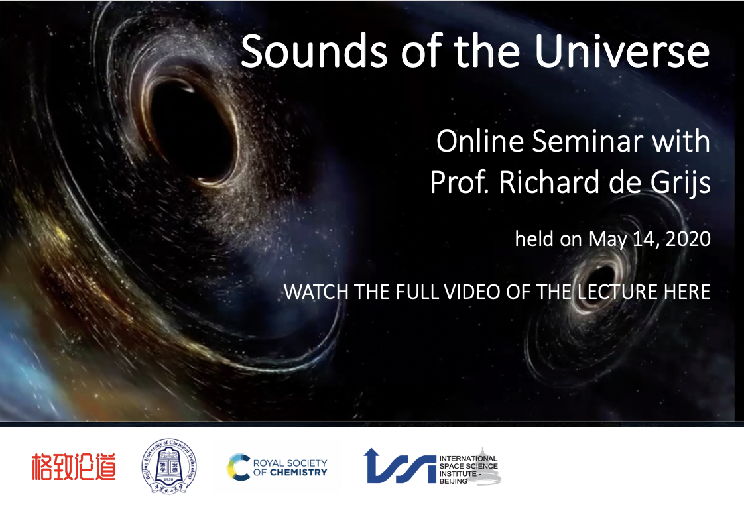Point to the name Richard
550,182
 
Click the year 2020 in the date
688,239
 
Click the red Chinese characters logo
74,467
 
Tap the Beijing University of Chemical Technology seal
169,467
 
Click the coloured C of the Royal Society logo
239,467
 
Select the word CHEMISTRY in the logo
298,473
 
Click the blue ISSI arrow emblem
400,466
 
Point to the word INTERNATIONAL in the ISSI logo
468,459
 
